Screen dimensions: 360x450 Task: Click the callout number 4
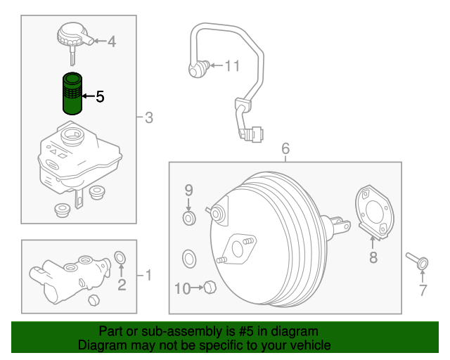tap(112, 41)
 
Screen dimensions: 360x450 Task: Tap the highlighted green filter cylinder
tap(72, 93)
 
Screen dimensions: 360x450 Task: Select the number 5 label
tap(100, 96)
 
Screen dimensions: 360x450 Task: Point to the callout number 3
tap(148, 117)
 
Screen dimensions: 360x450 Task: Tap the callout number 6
tap(285, 148)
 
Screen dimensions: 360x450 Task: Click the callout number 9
tap(188, 189)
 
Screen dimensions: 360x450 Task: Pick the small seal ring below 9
tap(189, 220)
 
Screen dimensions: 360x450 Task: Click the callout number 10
tap(181, 288)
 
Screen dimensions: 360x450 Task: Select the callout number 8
tap(373, 258)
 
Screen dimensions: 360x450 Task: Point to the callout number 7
tap(423, 290)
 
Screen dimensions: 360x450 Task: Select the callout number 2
tap(121, 284)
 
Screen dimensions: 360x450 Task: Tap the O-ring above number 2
tap(120, 255)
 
